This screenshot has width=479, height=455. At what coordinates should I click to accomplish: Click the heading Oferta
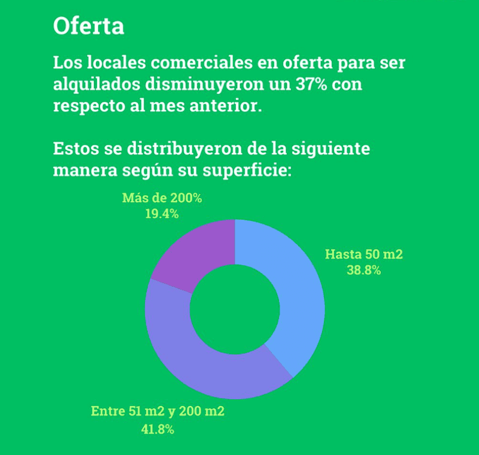tap(89, 26)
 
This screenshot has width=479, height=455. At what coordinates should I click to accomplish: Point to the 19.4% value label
tap(162, 214)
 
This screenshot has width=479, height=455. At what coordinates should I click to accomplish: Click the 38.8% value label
tap(363, 270)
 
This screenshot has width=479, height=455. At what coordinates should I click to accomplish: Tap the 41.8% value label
tap(157, 429)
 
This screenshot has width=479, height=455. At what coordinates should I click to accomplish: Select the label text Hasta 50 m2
tap(363, 254)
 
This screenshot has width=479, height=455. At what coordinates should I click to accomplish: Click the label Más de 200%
tap(162, 198)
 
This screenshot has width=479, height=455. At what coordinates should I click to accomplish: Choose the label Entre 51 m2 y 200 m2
tap(157, 411)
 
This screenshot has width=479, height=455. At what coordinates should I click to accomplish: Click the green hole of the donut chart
tap(235, 309)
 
